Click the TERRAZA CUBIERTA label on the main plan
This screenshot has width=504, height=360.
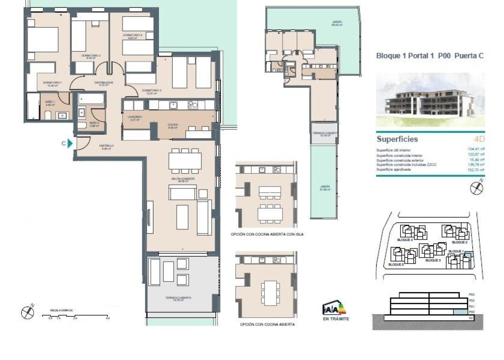coord(178,299)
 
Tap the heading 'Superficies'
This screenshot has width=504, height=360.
coord(397,139)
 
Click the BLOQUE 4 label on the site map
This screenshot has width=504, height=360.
coord(404,240)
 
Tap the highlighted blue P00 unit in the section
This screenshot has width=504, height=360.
coord(459,312)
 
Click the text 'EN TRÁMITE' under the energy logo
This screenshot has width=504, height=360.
coord(335,319)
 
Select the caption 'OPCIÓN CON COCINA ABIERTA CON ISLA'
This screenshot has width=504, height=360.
coord(267,235)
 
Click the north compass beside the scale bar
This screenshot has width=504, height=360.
coord(27,311)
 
